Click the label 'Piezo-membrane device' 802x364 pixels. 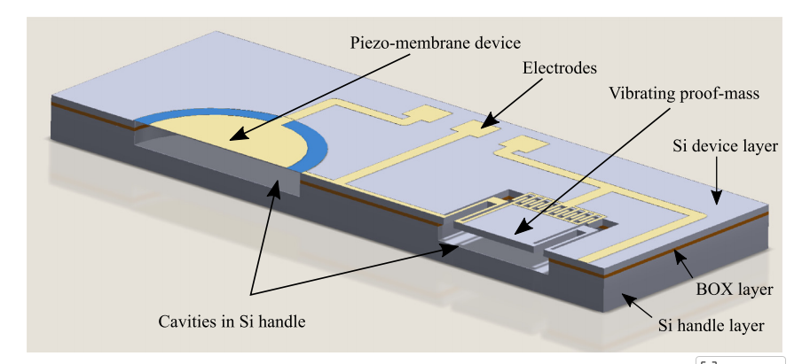435,42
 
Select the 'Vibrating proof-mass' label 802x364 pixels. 683,94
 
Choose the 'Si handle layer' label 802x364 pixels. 711,326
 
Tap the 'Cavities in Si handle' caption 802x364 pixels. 232,321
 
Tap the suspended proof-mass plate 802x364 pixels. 506,228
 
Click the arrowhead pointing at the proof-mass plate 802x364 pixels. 521,231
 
